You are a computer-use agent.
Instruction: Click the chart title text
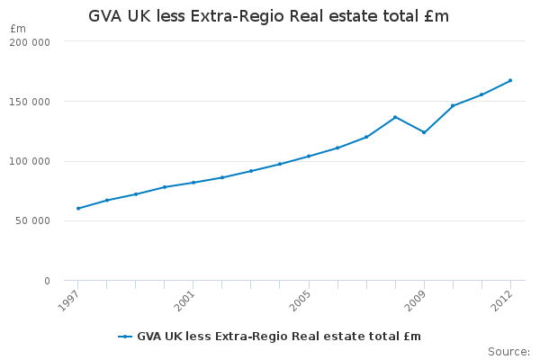pyautogui.click(x=268, y=16)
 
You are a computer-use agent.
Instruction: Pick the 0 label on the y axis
pyautogui.click(x=46, y=281)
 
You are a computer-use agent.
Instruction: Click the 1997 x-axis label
pyautogui.click(x=68, y=300)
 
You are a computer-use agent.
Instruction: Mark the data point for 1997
pyautogui.click(x=78, y=208)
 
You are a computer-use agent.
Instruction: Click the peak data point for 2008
pyautogui.click(x=395, y=117)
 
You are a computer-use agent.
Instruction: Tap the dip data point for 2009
pyautogui.click(x=424, y=132)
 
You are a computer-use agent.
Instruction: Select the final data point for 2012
pyautogui.click(x=510, y=80)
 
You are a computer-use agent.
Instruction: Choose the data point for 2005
pyautogui.click(x=309, y=156)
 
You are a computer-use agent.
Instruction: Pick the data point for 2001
pyautogui.click(x=193, y=182)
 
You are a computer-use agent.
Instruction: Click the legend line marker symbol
pyautogui.click(x=125, y=337)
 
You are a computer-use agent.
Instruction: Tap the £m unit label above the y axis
pyautogui.click(x=18, y=29)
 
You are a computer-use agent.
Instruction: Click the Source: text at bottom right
pyautogui.click(x=508, y=351)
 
